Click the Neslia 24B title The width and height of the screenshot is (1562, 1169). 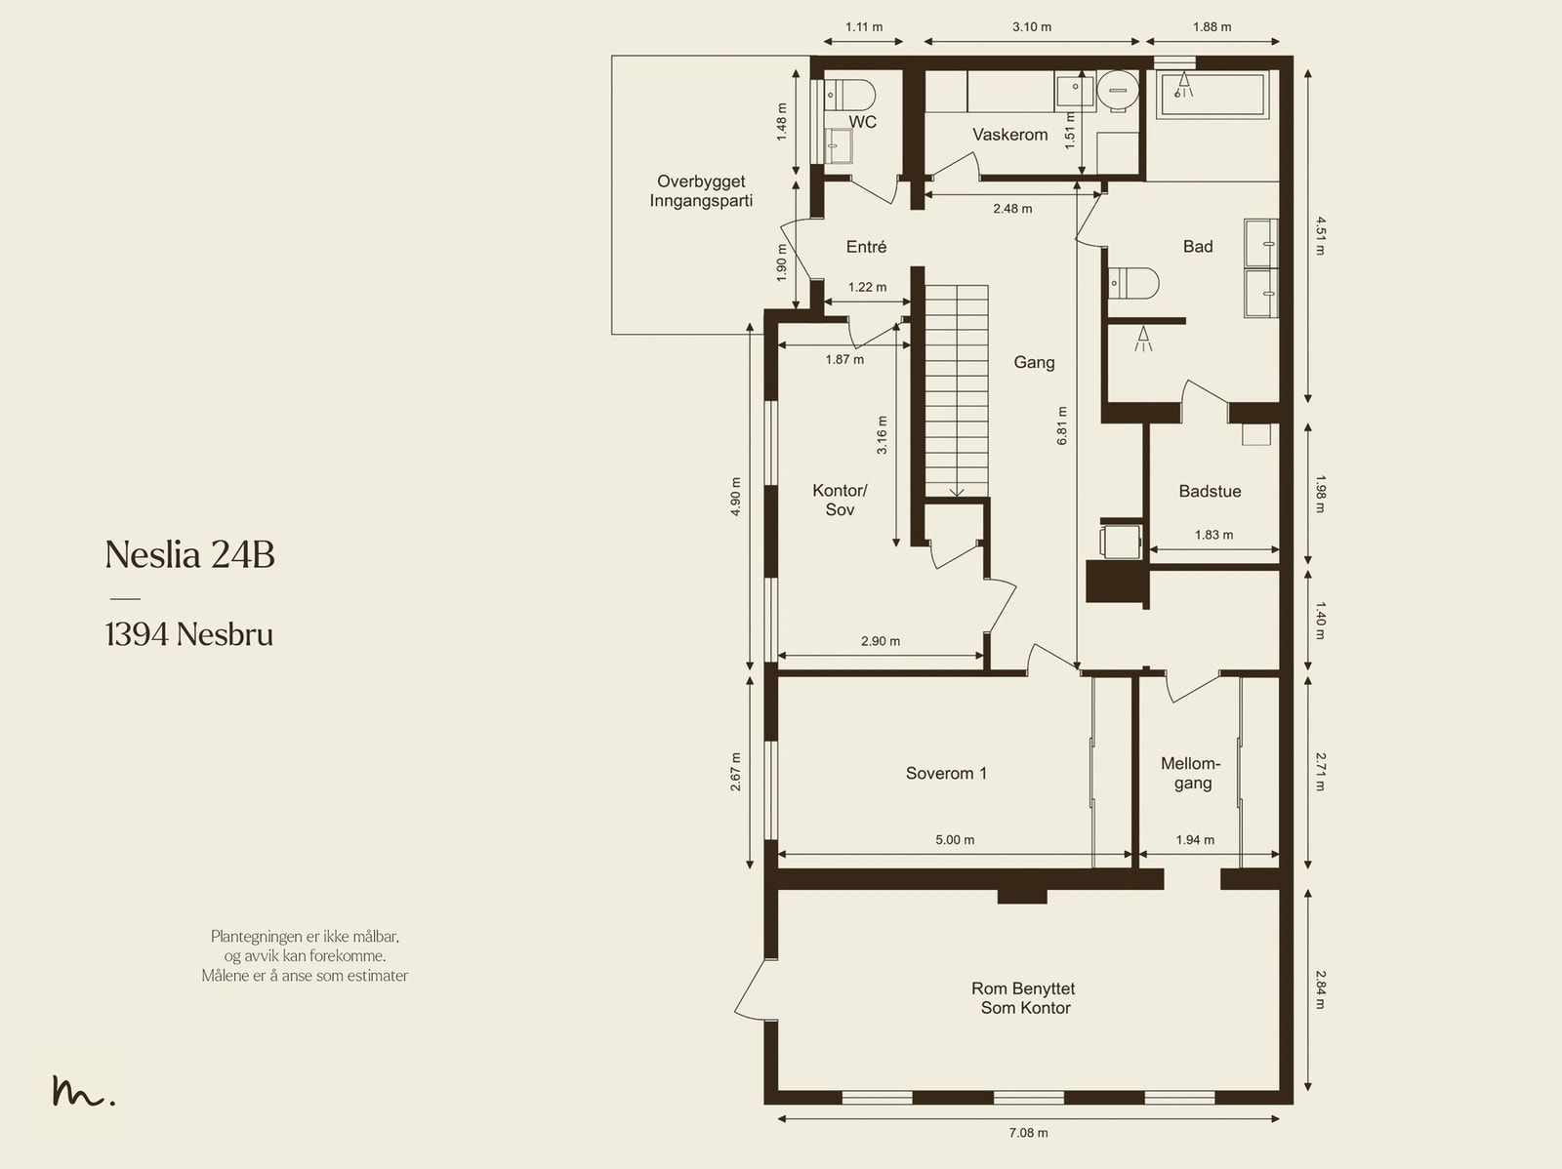click(x=190, y=554)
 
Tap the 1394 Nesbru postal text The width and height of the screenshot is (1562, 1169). click(x=189, y=634)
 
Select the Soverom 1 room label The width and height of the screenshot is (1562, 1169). click(x=946, y=773)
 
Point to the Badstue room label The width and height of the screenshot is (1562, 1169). click(x=1210, y=491)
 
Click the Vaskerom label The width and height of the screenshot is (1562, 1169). click(x=1009, y=135)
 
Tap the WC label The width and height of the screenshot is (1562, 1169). click(x=862, y=122)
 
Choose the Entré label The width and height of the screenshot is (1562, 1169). click(x=866, y=247)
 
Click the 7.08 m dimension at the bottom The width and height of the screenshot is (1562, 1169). click(x=1028, y=1133)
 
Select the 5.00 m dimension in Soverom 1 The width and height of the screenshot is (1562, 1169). click(x=955, y=840)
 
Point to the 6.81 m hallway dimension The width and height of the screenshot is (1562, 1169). click(x=1062, y=425)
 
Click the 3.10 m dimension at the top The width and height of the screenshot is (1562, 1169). click(x=1032, y=27)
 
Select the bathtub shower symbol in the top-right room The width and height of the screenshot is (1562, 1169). click(x=1183, y=85)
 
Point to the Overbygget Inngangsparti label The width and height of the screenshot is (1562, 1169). click(x=701, y=190)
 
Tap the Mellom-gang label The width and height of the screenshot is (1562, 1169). click(x=1190, y=773)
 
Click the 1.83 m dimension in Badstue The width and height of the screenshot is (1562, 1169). click(x=1214, y=535)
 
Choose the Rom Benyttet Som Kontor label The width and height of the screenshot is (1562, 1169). click(x=1024, y=997)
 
